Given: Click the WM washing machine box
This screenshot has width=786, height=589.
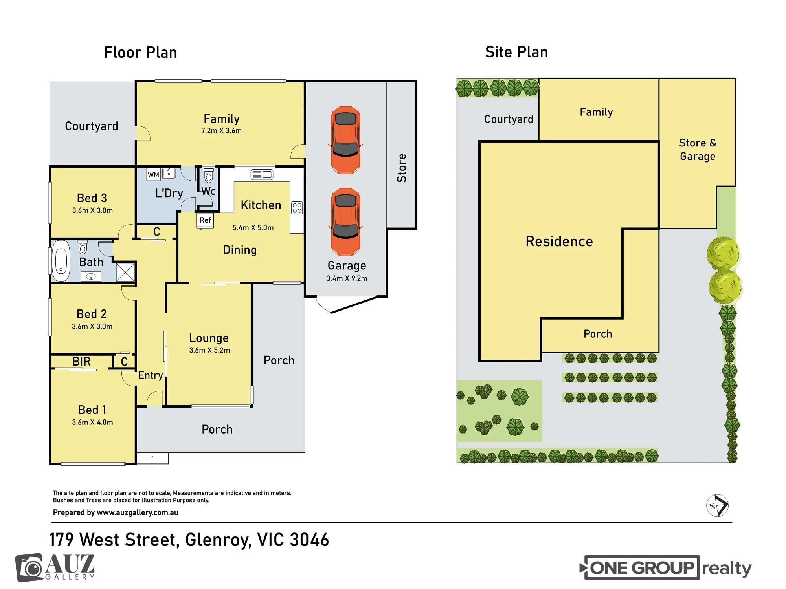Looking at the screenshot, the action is click(153, 175).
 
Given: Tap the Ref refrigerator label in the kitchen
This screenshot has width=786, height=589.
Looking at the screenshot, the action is click(205, 220).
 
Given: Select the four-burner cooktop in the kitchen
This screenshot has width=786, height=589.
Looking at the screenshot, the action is click(297, 208).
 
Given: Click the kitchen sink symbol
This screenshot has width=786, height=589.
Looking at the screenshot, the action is click(262, 175).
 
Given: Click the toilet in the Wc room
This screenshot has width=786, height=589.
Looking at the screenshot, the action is click(209, 176).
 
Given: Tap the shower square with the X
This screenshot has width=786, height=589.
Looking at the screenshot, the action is click(126, 272).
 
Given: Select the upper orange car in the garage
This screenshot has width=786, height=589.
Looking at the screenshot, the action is click(346, 140).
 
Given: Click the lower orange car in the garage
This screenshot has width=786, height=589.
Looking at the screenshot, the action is click(346, 222).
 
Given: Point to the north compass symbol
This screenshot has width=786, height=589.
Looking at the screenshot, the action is click(718, 505).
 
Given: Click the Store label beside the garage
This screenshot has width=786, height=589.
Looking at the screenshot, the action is click(402, 168).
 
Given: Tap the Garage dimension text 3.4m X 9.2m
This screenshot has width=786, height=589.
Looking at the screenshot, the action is click(347, 278).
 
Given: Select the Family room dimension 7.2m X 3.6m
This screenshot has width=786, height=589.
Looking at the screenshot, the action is click(222, 131).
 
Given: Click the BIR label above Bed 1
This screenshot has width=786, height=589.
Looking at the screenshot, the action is click(81, 361).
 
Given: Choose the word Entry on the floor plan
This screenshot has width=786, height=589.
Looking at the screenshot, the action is click(151, 375).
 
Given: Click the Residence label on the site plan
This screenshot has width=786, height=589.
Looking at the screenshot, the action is click(559, 241).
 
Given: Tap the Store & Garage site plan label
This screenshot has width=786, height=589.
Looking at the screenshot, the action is click(698, 150).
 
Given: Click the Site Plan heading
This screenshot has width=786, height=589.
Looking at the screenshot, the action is click(517, 52).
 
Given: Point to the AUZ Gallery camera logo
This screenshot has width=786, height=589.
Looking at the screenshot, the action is click(29, 567).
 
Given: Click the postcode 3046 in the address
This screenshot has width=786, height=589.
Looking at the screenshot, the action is click(309, 540).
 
